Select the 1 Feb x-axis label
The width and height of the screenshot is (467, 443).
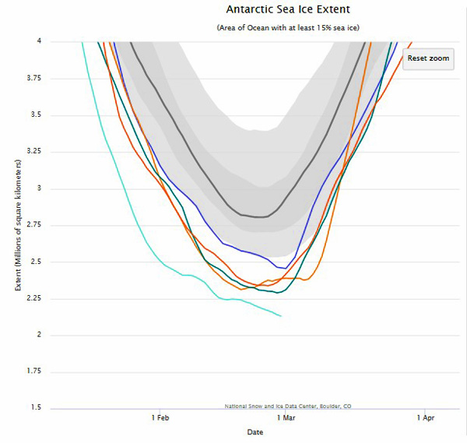pyautogui.click(x=160, y=418)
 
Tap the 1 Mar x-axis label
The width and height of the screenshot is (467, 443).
pyautogui.click(x=286, y=418)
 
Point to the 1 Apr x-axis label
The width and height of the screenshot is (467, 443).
pyautogui.click(x=424, y=418)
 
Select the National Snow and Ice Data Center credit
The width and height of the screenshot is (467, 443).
pyautogui.click(x=286, y=405)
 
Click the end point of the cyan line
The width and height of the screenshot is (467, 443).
pyautogui.click(x=281, y=315)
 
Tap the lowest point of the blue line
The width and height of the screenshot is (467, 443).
pyautogui.click(x=286, y=268)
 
